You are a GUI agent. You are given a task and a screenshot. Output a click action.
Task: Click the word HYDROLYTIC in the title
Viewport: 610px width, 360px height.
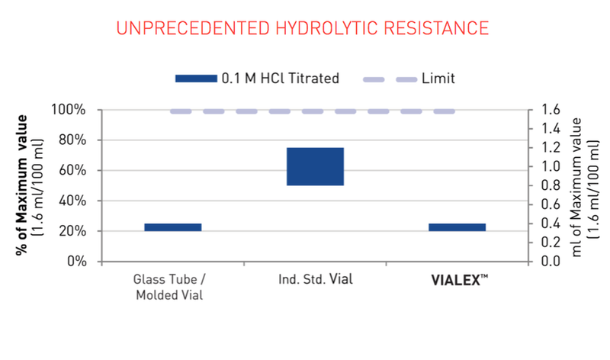pyautogui.click(x=327, y=28)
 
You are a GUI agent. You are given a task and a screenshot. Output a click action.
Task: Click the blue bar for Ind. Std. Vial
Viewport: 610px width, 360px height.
pyautogui.click(x=315, y=166)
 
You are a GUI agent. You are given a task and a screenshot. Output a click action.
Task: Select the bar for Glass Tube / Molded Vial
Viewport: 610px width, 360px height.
pyautogui.click(x=173, y=227)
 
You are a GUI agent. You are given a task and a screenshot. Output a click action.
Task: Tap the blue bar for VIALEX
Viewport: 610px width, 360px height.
pyautogui.click(x=457, y=227)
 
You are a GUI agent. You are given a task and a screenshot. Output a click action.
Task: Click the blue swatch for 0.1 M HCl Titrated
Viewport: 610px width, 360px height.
pyautogui.click(x=196, y=79)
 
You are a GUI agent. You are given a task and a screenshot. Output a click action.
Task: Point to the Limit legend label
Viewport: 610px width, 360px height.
pyautogui.click(x=438, y=79)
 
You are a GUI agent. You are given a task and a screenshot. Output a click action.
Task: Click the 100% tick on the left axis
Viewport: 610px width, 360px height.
pyautogui.click(x=69, y=110)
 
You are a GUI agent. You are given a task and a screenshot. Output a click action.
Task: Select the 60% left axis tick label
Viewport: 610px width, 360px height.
pyautogui.click(x=72, y=170)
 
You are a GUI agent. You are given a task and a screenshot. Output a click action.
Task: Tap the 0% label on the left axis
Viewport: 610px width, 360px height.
pyautogui.click(x=77, y=261)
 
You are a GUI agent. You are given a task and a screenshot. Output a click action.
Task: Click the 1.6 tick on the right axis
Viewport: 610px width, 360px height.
pyautogui.click(x=551, y=109)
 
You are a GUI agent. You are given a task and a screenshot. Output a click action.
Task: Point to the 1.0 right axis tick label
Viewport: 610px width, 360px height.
pyautogui.click(x=551, y=166)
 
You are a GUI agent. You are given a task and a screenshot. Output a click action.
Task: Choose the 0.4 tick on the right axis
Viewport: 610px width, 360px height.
pyautogui.click(x=551, y=223)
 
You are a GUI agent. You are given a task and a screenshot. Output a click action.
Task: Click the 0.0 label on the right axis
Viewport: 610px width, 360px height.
pyautogui.click(x=551, y=261)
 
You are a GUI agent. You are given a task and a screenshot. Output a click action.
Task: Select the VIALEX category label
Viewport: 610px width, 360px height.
pyautogui.click(x=460, y=280)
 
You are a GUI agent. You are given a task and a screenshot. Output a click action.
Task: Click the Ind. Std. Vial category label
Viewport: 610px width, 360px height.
pyautogui.click(x=316, y=279)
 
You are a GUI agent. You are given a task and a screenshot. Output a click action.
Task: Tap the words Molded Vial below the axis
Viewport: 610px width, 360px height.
pyautogui.click(x=169, y=295)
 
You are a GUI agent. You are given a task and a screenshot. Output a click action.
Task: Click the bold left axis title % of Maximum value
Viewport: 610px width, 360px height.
pyautogui.click(x=22, y=185)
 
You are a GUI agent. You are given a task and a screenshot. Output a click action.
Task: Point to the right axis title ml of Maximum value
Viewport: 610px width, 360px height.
pyautogui.click(x=576, y=187)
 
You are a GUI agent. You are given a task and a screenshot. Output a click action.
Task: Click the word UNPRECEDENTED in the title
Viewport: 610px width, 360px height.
pyautogui.click(x=193, y=28)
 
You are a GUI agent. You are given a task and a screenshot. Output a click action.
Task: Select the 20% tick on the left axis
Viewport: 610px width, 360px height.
pyautogui.click(x=72, y=231)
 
